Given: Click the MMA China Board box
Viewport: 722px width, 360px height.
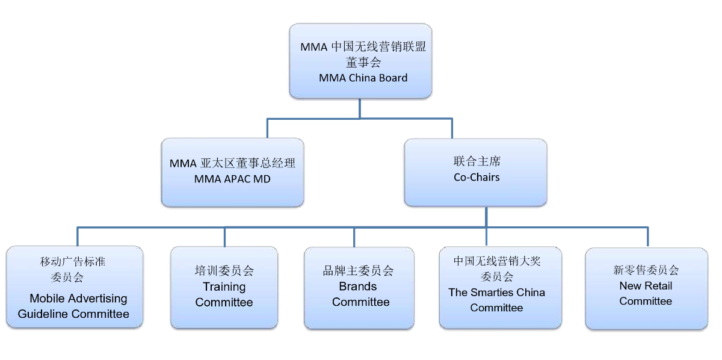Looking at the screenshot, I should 360,61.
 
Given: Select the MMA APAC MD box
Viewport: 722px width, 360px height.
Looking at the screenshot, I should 232,172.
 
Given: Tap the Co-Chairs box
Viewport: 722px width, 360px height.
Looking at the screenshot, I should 475,172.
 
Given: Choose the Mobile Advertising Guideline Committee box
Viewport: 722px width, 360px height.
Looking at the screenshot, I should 75,287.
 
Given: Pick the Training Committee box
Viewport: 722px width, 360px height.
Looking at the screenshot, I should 224,287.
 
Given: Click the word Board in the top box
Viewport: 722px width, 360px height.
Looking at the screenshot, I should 392,78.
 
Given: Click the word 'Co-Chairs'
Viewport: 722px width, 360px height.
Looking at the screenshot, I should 477,178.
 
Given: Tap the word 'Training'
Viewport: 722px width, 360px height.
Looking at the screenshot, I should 224,287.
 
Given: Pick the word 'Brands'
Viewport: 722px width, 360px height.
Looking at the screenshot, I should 358,287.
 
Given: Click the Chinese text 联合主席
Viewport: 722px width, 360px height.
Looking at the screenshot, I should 477,161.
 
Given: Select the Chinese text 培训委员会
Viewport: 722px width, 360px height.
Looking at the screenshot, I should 224,271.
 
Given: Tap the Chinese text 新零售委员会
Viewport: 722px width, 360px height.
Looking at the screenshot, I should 646,270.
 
